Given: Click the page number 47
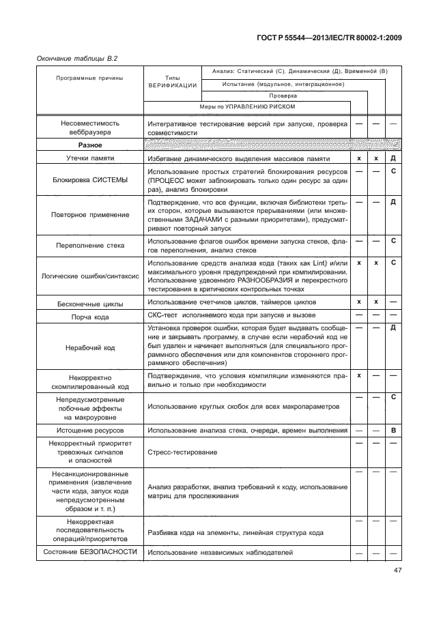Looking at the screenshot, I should [x=397, y=571].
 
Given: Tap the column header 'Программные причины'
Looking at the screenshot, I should [x=89, y=78].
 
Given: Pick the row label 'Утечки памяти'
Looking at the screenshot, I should [x=89, y=158].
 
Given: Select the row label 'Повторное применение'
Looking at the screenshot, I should [x=89, y=214].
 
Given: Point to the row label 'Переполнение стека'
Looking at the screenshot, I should [x=89, y=245].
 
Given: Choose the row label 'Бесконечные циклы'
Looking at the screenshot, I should [x=89, y=302].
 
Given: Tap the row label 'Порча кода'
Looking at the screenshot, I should [x=89, y=315].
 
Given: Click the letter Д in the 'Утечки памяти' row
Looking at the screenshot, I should [x=393, y=158].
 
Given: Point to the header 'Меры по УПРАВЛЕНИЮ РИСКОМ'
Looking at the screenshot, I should [x=246, y=107].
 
